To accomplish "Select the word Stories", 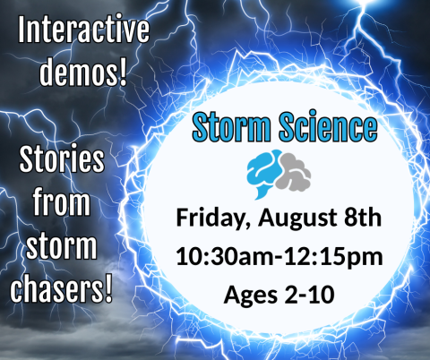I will tap(63, 164).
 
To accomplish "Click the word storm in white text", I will tap(63, 244).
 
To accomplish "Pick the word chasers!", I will tap(63, 286).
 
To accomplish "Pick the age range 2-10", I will tap(309, 294).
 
